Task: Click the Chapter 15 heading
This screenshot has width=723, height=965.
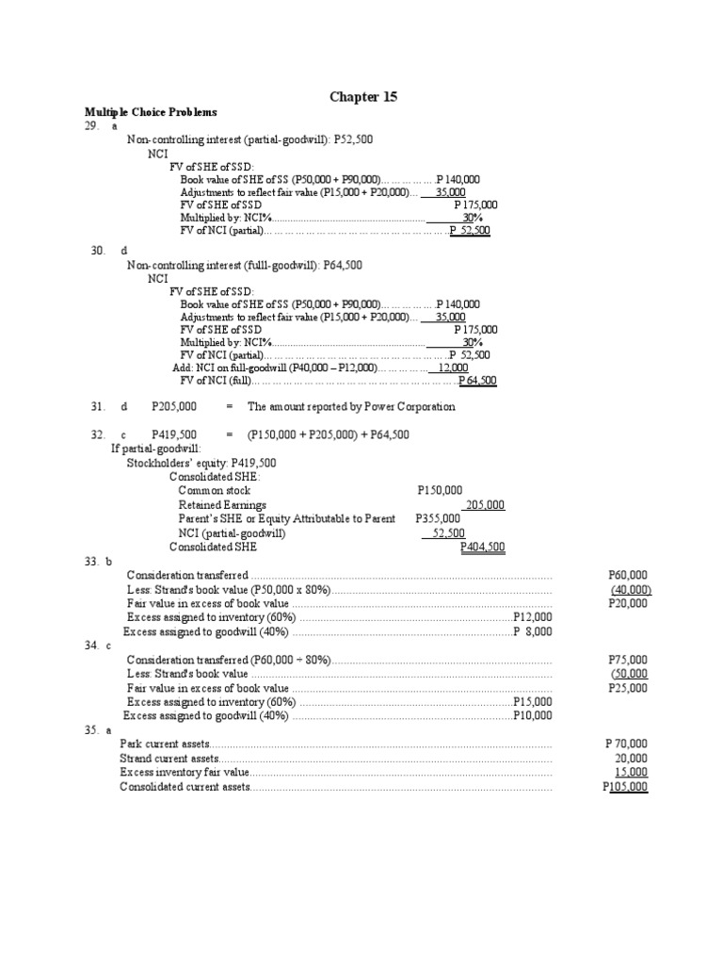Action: tap(357, 96)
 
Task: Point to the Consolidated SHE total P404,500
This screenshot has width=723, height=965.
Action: tap(482, 547)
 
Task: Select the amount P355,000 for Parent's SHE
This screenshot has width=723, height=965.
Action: tap(438, 518)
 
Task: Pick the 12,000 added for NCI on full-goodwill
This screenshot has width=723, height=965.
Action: tap(453, 368)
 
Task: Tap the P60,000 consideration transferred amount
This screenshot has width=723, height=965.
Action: tap(628, 575)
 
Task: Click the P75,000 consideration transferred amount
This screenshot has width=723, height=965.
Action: tap(628, 661)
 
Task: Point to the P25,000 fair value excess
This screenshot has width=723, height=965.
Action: tap(628, 689)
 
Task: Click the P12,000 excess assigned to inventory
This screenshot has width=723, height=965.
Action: tap(532, 617)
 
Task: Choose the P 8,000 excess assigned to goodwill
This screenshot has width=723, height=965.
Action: tap(532, 631)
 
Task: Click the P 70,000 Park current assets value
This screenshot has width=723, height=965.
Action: tap(626, 744)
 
